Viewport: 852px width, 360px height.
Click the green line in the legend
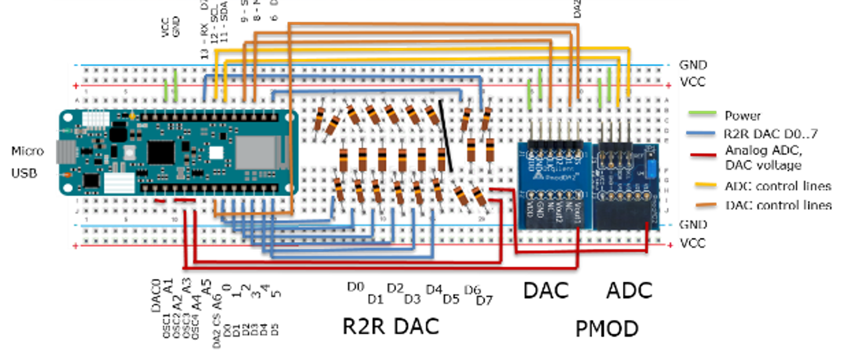(x=702, y=112)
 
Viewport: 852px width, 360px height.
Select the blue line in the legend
(x=700, y=132)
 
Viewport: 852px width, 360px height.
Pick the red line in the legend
(x=703, y=155)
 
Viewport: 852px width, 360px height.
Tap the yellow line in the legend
(x=705, y=184)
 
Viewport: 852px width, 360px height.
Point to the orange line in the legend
(x=706, y=204)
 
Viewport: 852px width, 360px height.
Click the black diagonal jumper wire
(x=446, y=135)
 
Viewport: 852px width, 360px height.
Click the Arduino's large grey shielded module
(x=255, y=152)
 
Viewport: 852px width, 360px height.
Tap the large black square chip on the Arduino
(x=161, y=152)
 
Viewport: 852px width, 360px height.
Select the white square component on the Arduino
(x=216, y=153)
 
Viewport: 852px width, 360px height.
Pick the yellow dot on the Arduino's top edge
(x=132, y=116)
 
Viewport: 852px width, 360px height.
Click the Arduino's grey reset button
(x=129, y=153)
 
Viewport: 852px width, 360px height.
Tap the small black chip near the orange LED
(x=92, y=181)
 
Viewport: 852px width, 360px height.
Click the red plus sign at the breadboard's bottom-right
(x=671, y=245)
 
